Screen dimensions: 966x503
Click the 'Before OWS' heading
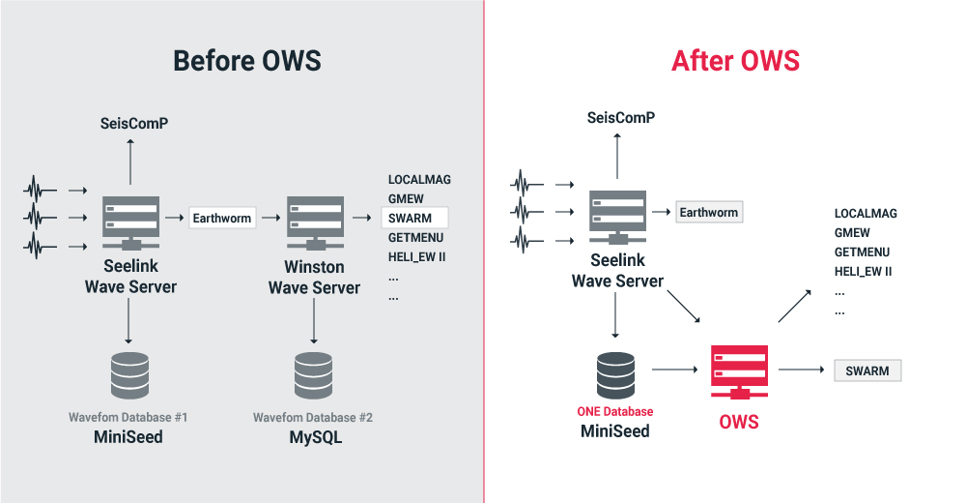point(247,61)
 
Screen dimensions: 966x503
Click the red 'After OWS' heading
point(735,61)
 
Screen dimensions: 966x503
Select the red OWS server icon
point(739,372)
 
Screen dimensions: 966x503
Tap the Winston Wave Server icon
point(316,222)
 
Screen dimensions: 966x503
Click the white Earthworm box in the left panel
point(222,218)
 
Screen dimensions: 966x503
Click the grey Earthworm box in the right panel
point(709,212)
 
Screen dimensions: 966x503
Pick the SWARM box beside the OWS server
point(867,370)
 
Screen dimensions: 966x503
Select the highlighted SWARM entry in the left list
point(414,218)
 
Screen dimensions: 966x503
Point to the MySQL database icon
point(314,376)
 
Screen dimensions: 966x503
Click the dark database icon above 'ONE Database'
point(615,375)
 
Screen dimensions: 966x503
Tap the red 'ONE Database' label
point(614,412)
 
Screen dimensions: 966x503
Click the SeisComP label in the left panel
point(134,124)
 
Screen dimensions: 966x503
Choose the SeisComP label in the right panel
point(621,117)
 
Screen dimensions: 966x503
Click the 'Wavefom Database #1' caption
point(128,417)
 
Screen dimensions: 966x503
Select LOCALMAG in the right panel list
point(866,214)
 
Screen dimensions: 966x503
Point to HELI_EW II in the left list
point(416,256)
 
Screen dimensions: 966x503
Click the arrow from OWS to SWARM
point(801,370)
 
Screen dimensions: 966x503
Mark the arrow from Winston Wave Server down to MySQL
point(314,321)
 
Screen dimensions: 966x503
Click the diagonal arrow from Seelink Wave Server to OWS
point(684,307)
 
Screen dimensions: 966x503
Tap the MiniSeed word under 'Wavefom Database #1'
point(128,437)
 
